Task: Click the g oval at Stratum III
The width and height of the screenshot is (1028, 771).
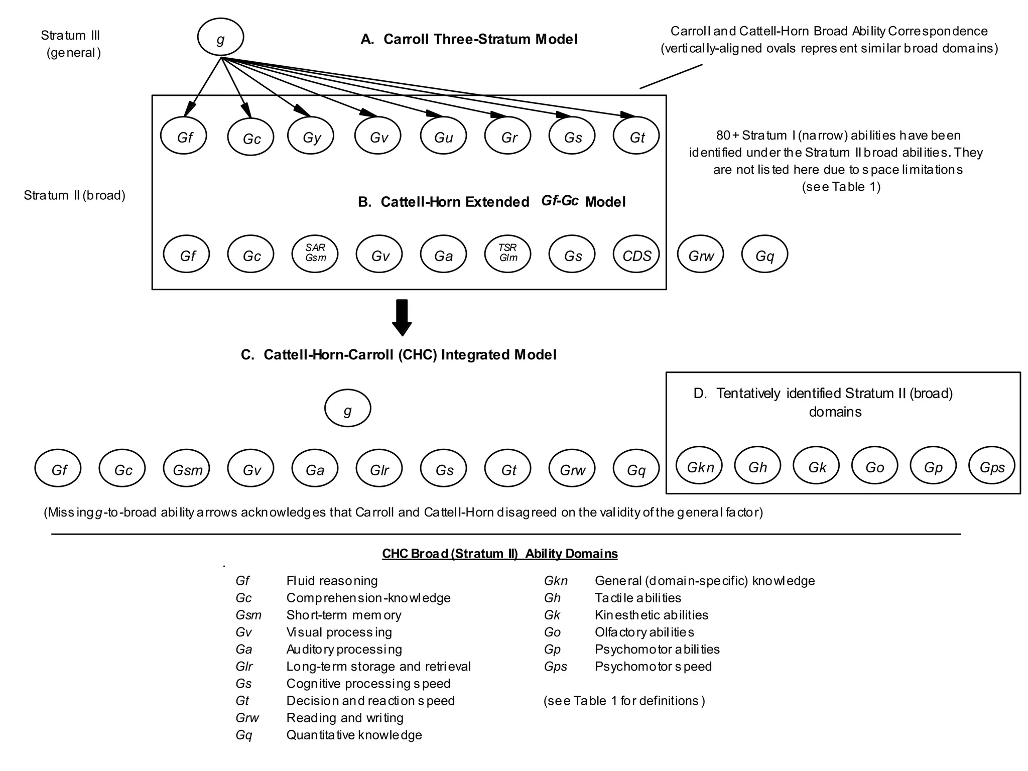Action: click(220, 37)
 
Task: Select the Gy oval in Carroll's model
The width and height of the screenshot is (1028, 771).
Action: click(311, 136)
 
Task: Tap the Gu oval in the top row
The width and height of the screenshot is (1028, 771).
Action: click(443, 136)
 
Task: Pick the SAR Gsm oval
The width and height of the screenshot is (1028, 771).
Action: click(315, 254)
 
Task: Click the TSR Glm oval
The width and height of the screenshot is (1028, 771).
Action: click(507, 254)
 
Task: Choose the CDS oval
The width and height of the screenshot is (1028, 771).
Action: click(636, 255)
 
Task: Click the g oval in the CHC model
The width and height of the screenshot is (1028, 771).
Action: click(347, 408)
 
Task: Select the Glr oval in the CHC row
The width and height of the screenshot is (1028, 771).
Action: click(379, 468)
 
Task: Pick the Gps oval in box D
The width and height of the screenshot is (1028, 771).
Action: click(991, 465)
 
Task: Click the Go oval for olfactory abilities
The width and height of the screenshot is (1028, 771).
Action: click(874, 465)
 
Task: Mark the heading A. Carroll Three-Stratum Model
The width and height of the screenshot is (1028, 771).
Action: click(469, 39)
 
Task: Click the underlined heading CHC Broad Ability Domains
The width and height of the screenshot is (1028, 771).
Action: click(499, 554)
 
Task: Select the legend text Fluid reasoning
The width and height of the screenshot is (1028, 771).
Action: click(332, 581)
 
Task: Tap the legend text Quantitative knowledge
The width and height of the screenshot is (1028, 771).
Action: click(354, 735)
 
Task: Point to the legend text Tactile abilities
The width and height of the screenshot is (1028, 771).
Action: click(637, 598)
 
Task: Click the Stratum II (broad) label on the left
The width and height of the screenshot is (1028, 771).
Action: click(74, 195)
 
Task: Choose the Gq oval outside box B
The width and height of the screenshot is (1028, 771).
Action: click(764, 255)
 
